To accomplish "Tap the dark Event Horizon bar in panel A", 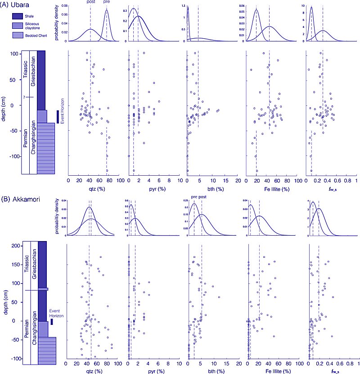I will point(57,116).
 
